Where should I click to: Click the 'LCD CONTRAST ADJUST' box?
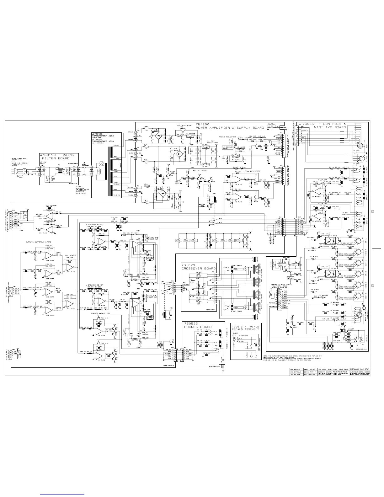pyautogui.click(x=228, y=147)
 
